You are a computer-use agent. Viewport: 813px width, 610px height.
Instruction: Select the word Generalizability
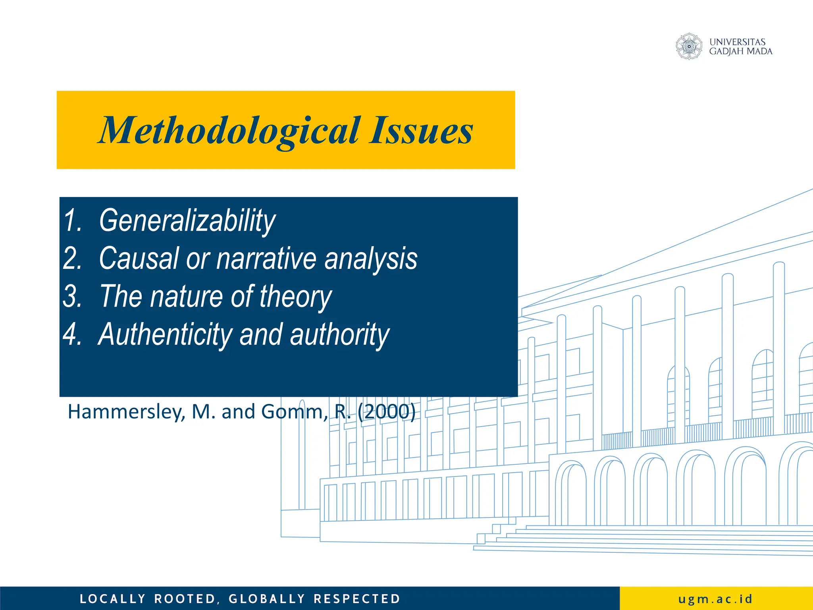coord(187,221)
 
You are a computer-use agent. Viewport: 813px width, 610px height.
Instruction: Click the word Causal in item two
coord(139,259)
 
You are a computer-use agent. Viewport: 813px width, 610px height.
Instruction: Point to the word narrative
coord(266,259)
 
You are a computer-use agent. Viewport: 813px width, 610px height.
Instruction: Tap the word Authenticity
coord(165,334)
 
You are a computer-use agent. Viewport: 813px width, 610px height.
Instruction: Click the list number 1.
coord(73,221)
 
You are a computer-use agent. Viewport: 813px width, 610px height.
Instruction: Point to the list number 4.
coord(72,334)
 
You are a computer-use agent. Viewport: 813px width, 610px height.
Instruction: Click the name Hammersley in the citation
coord(126,412)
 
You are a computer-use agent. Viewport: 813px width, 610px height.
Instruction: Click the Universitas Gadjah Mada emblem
coord(689,46)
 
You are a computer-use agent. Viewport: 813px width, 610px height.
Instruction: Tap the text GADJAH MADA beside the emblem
coord(741,52)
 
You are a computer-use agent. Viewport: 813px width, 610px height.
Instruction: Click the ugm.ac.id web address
coord(715,598)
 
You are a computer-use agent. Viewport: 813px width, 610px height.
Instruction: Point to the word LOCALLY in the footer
coord(113,599)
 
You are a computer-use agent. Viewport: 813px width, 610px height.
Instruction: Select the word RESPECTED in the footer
coord(357,599)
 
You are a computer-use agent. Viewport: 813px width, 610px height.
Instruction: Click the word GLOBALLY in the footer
coord(267,599)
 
